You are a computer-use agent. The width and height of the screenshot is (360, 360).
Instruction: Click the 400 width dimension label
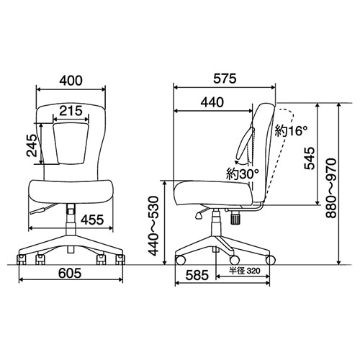tap(71, 81)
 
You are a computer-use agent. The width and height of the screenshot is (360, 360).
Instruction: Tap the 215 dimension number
tap(71, 111)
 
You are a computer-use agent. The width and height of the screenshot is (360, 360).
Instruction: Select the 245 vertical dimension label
tap(32, 145)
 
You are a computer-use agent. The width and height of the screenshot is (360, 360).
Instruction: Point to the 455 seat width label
tap(92, 220)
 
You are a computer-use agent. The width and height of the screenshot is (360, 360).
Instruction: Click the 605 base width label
tap(70, 273)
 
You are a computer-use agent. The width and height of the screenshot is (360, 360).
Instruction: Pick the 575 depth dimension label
tap(225, 78)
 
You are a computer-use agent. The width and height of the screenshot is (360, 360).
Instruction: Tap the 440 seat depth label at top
tap(212, 102)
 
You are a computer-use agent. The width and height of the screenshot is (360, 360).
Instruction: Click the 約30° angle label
tap(243, 174)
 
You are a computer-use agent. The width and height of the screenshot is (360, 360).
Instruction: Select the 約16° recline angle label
tap(291, 130)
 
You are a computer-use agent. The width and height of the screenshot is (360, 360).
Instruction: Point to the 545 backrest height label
tap(310, 158)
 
